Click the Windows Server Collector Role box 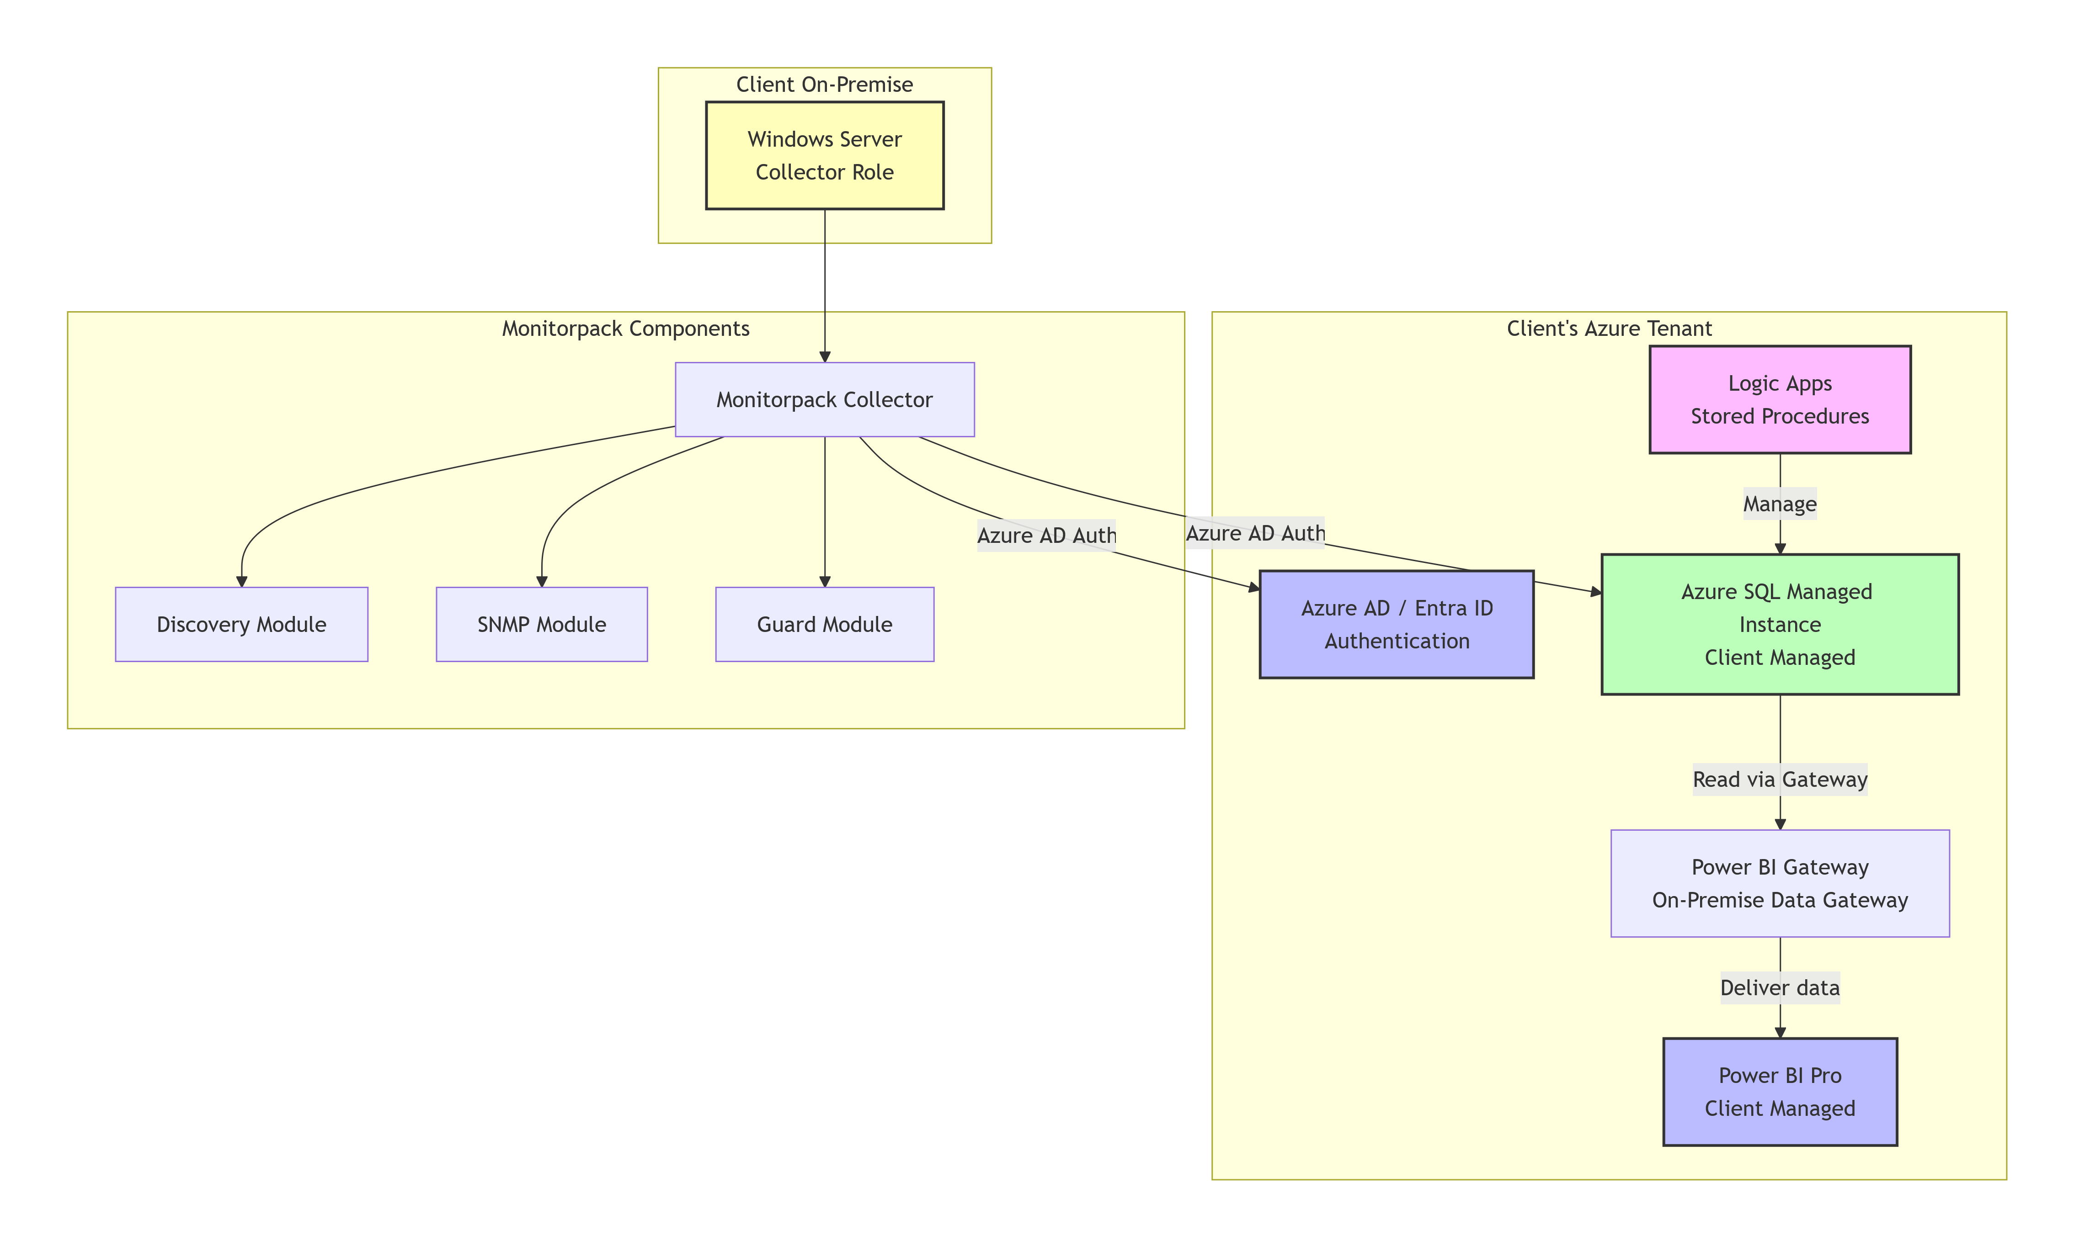(x=824, y=155)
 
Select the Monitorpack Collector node (x=824, y=399)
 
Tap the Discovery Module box (x=241, y=624)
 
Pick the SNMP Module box (x=541, y=624)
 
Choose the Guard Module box (x=824, y=624)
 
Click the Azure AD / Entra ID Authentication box (x=1397, y=624)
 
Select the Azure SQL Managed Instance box (x=1780, y=624)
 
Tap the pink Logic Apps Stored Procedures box (x=1780, y=399)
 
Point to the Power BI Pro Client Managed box (x=1780, y=1092)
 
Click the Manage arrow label (x=1780, y=504)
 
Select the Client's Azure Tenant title (x=1609, y=329)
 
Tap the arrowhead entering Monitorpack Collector (x=824, y=356)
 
